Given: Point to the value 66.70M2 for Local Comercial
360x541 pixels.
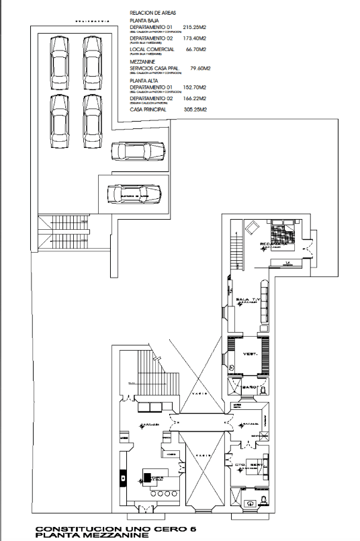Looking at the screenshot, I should [x=195, y=50].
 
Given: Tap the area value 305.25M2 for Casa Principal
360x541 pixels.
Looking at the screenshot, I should [x=194, y=109].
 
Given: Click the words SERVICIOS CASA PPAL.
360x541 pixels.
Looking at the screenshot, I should [x=153, y=68].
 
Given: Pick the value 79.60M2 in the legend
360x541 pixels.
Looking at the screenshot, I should [x=201, y=68].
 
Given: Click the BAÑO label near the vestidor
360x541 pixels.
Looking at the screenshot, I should [x=251, y=388].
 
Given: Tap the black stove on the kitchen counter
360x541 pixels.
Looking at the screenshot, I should [x=146, y=478].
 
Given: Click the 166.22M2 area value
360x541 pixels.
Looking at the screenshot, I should [x=194, y=98].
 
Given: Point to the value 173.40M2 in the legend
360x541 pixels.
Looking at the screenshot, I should [x=194, y=39].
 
